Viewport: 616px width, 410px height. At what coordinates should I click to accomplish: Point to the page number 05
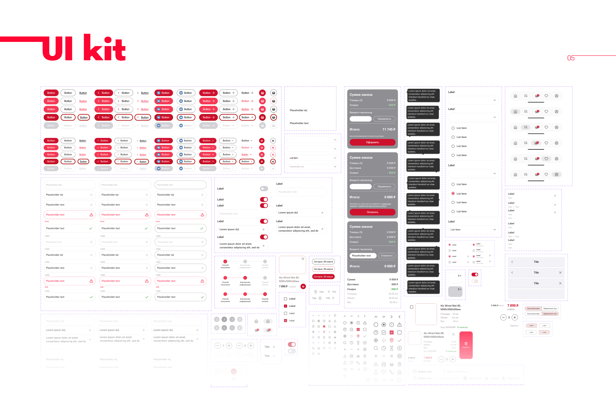pyautogui.click(x=571, y=58)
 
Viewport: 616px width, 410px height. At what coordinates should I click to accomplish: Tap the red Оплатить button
pyautogui.click(x=372, y=212)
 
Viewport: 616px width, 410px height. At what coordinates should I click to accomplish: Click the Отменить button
pyautogui.click(x=386, y=256)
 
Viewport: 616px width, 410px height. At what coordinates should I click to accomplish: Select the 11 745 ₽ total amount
pyautogui.click(x=389, y=129)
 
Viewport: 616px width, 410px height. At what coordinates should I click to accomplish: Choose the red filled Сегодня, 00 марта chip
pyautogui.click(x=323, y=277)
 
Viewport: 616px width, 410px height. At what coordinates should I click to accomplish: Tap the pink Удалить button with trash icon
pyautogui.click(x=466, y=345)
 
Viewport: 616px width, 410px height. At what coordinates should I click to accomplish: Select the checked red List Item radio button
pyautogui.click(x=453, y=193)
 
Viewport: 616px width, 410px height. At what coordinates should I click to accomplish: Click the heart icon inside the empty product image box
pyautogui.click(x=303, y=259)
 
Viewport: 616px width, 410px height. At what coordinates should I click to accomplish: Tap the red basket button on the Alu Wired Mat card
pyautogui.click(x=303, y=286)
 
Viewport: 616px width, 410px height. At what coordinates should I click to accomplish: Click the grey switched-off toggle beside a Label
pyautogui.click(x=264, y=189)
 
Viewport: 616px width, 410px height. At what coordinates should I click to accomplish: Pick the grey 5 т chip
pyautogui.click(x=455, y=291)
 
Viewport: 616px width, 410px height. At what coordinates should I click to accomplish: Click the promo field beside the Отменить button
pyautogui.click(x=363, y=256)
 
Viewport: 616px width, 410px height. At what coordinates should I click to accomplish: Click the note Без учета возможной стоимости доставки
pyautogui.click(x=366, y=136)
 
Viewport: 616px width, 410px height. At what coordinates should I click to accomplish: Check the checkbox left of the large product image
pyautogui.click(x=412, y=307)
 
